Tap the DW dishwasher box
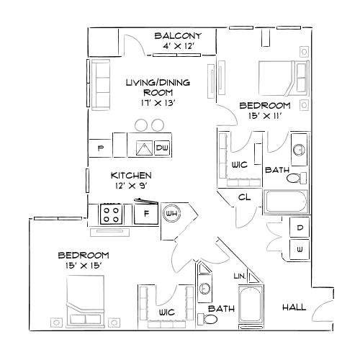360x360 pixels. click(162, 148)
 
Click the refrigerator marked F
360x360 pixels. click(146, 213)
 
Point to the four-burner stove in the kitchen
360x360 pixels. click(112, 213)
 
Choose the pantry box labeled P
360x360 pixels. click(99, 148)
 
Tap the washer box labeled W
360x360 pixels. click(300, 249)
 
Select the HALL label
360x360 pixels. click(293, 307)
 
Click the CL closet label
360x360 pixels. click(244, 196)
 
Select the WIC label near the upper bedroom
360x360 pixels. click(240, 165)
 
